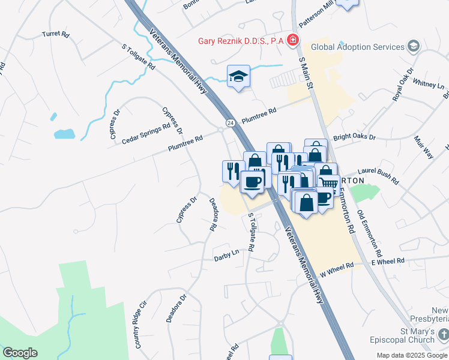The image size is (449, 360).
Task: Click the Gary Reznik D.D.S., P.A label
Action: coord(241,41)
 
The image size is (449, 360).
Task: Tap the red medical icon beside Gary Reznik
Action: coord(292,40)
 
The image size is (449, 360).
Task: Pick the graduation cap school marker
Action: coord(238,76)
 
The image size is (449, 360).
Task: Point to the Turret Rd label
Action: coord(55,34)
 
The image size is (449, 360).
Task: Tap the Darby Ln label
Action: coord(226,258)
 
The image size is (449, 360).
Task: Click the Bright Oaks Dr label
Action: coord(354,137)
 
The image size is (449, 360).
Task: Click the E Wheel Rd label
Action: coord(388,261)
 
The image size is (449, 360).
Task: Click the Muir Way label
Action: coord(423,146)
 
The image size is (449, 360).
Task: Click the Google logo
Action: coord(20,353)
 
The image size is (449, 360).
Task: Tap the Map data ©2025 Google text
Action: coord(411,355)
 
